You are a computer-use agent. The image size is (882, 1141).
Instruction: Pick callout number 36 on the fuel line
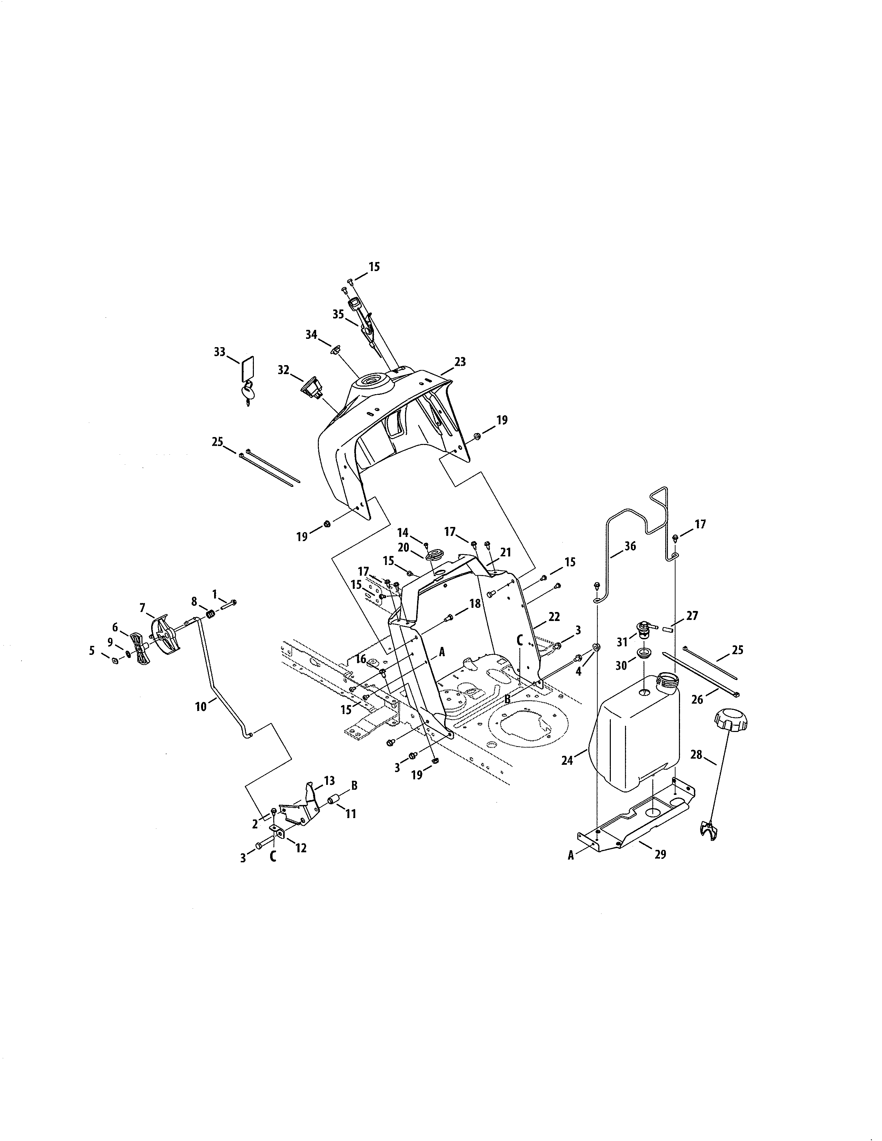(x=630, y=546)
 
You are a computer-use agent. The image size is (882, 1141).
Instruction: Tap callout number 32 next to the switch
(x=283, y=370)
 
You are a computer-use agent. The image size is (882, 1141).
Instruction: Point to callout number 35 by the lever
(x=338, y=314)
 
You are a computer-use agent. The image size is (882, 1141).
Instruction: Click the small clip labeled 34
(x=336, y=349)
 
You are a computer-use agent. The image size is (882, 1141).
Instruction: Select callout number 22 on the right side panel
(x=554, y=617)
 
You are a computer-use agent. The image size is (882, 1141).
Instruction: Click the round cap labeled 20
(x=433, y=555)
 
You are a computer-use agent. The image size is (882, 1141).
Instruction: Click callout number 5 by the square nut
(x=92, y=650)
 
